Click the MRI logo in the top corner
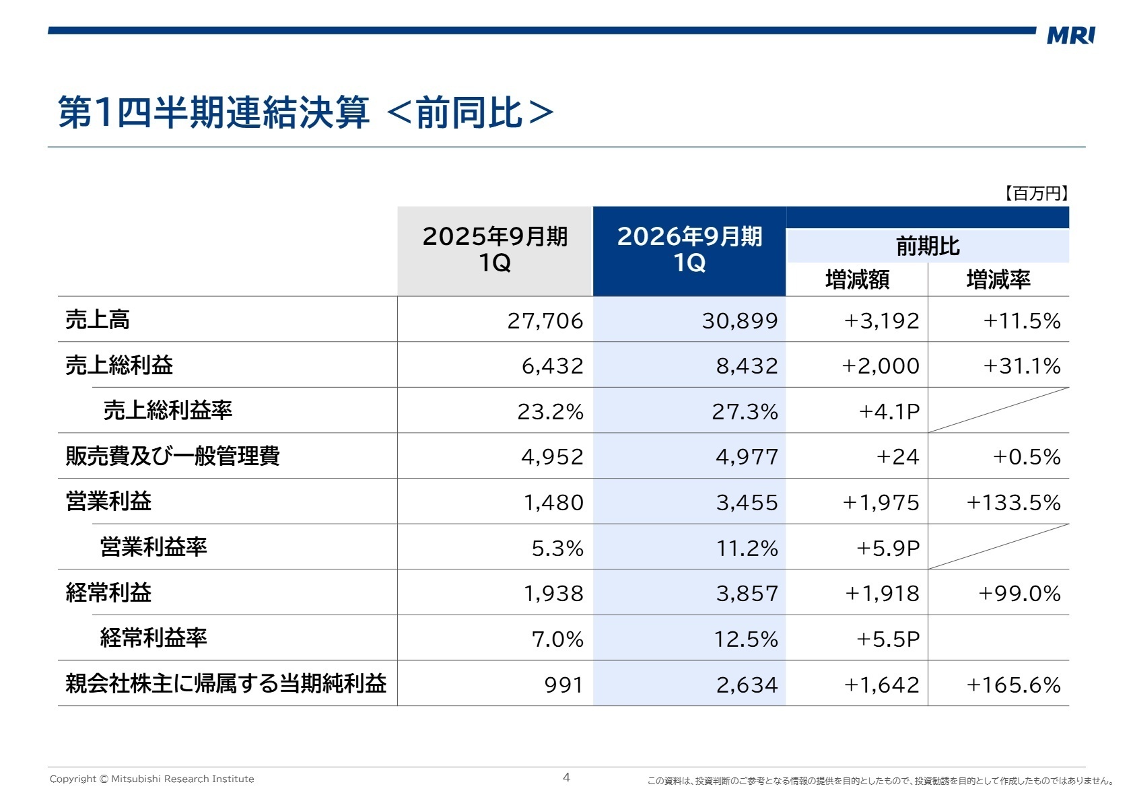tap(1070, 35)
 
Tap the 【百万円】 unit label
tap(1036, 194)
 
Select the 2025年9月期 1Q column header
tap(495, 250)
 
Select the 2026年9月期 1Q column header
tap(689, 250)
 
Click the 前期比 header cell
tap(927, 246)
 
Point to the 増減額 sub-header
tap(857, 279)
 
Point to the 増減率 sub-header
tap(998, 279)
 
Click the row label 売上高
tap(98, 320)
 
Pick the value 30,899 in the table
tap(739, 320)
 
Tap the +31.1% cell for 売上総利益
tap(1021, 366)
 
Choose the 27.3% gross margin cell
tap(745, 411)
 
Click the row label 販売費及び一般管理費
tap(172, 456)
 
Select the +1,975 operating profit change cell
tap(881, 503)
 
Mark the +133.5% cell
tap(1013, 503)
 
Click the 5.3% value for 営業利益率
tap(557, 548)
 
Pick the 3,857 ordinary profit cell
tap(747, 594)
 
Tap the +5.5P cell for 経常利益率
tap(887, 639)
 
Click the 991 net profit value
tap(563, 685)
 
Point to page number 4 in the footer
tap(566, 777)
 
